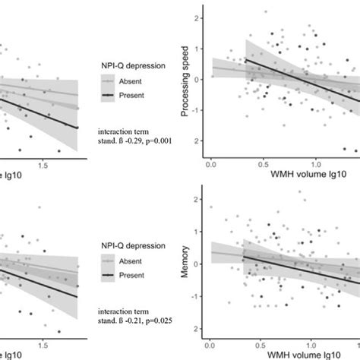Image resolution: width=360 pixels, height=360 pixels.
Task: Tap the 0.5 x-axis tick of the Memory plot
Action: click(265, 342)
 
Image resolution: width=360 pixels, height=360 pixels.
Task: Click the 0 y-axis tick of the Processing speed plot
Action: click(197, 79)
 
